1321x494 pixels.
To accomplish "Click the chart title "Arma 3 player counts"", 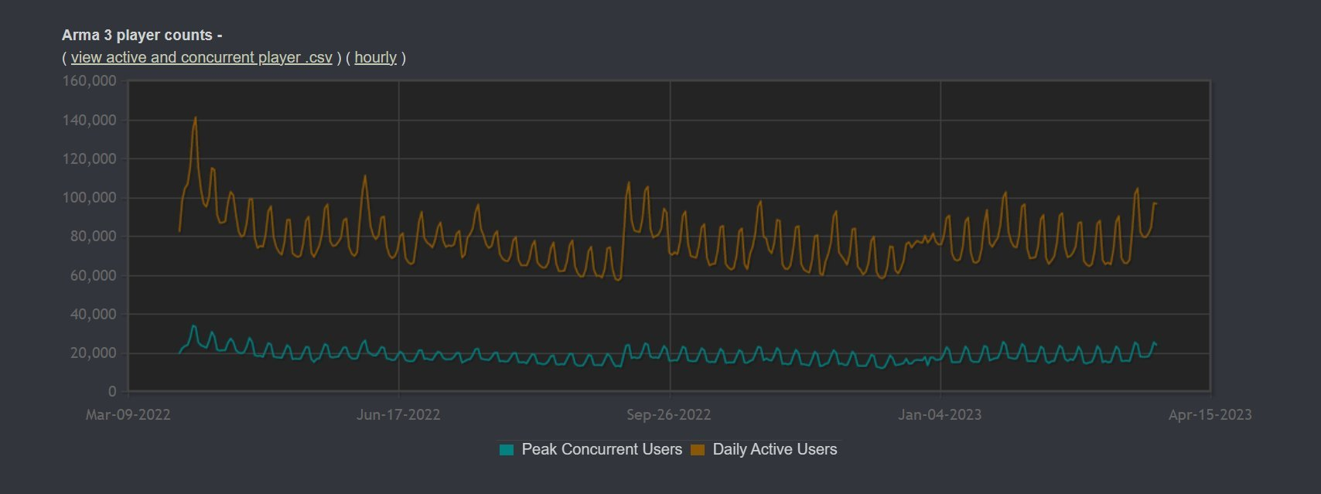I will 137,36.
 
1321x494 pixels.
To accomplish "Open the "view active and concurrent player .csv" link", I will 201,58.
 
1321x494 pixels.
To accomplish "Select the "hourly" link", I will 375,58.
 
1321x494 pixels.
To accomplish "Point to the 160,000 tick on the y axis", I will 89,81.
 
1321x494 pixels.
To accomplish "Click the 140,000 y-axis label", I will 89,120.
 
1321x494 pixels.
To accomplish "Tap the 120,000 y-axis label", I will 89,159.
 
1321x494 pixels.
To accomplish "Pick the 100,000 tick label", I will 89,198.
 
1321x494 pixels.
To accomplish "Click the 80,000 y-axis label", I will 92,237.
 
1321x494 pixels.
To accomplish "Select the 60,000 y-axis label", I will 92,276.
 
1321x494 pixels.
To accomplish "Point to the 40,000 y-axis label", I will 92,315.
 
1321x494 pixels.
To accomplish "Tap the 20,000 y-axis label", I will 92,353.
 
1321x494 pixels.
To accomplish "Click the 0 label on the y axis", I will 112,392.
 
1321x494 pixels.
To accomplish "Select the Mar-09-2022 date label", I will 128,415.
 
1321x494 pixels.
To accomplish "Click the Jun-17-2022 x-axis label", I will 398,415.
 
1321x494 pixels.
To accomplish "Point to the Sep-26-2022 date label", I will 669,415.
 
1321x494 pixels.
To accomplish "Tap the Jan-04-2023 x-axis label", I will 940,415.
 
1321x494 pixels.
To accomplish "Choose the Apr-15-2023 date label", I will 1210,415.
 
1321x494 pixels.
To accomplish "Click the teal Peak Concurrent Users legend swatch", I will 507,450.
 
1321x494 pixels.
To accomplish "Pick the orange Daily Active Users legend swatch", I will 698,450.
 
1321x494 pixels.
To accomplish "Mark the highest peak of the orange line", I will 195,118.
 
